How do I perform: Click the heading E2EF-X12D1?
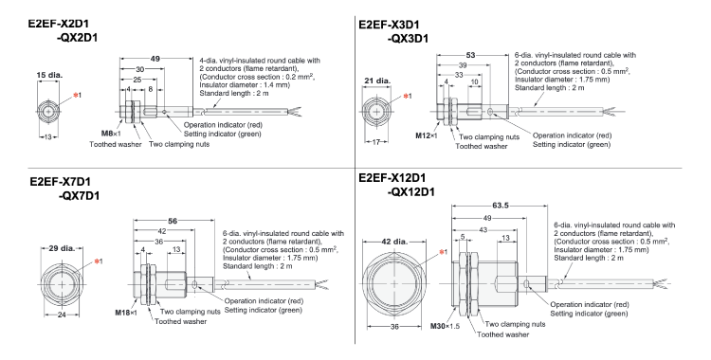[x=392, y=178]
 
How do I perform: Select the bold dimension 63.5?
[x=501, y=206]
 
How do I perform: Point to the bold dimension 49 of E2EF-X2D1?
[x=155, y=59]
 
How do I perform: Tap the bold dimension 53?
[x=470, y=55]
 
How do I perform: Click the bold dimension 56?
[x=173, y=221]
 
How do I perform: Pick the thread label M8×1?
[x=111, y=134]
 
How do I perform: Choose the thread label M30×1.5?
[x=445, y=326]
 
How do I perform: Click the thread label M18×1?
[x=126, y=313]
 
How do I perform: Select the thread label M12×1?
[x=427, y=135]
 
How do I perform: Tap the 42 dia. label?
[x=394, y=242]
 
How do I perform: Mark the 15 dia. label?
[x=49, y=75]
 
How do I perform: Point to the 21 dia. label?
[x=376, y=81]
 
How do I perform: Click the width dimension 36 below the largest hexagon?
[x=394, y=327]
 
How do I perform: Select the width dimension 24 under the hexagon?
[x=62, y=315]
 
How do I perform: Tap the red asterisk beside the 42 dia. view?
[x=441, y=252]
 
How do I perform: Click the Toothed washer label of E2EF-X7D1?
[x=180, y=321]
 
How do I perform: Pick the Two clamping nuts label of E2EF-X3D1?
[x=489, y=137]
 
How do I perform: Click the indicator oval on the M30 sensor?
[x=526, y=284]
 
